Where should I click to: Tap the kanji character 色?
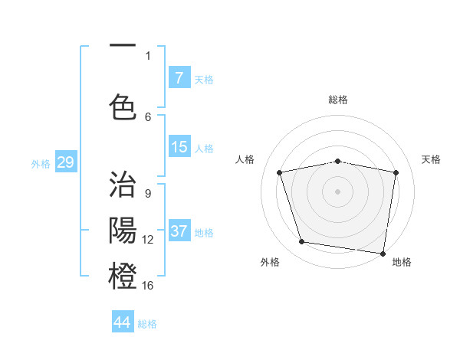pyautogui.click(x=123, y=106)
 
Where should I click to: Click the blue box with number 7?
pyautogui.click(x=179, y=77)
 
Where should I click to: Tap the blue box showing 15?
pyautogui.click(x=179, y=147)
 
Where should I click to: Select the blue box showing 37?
pyautogui.click(x=179, y=231)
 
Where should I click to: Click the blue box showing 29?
pyautogui.click(x=65, y=162)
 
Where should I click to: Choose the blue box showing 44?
pyautogui.click(x=123, y=322)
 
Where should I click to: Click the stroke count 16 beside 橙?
pyautogui.click(x=148, y=286)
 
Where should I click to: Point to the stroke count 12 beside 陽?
pyautogui.click(x=148, y=240)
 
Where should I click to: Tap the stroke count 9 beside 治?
pyautogui.click(x=148, y=193)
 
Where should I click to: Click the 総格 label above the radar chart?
pyautogui.click(x=338, y=100)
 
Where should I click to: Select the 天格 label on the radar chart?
pyautogui.click(x=431, y=159)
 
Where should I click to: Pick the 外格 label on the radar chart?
pyautogui.click(x=270, y=262)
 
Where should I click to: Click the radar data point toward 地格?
pyautogui.click(x=383, y=253)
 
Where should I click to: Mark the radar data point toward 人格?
pyautogui.click(x=280, y=172)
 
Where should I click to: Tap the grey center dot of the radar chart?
pyautogui.click(x=338, y=191)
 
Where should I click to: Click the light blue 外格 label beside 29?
pyautogui.click(x=40, y=163)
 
